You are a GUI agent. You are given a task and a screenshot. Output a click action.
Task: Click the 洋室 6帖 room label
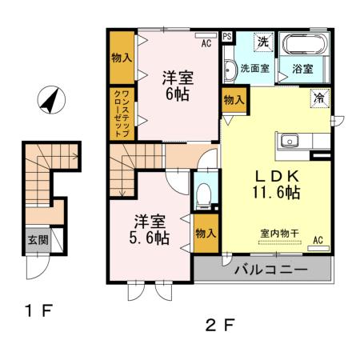click(x=177, y=85)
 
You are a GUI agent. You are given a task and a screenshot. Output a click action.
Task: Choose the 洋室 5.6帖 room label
click(x=150, y=229)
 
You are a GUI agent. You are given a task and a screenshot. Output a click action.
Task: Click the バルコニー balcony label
click(x=270, y=270)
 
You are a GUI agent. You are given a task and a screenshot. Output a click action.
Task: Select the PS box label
click(x=227, y=36)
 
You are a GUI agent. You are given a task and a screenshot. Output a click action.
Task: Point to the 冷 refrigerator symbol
click(x=319, y=99)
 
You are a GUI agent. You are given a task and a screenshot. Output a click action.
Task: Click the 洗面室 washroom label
click(x=256, y=69)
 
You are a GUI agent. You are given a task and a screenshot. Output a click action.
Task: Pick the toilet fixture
click(x=203, y=194)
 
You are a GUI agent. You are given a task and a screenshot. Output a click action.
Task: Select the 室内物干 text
click(x=278, y=234)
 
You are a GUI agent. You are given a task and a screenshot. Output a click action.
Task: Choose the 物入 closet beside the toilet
click(x=205, y=233)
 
